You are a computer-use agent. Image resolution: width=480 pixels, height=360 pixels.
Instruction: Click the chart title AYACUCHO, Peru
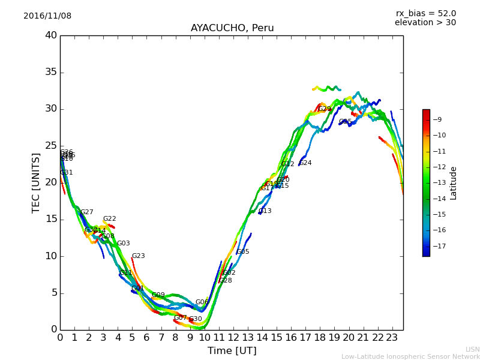tap(232, 28)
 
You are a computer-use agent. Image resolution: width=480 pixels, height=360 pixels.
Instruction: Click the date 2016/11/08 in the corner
tap(47, 16)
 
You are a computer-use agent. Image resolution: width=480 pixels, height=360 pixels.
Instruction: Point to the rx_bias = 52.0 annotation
tap(425, 14)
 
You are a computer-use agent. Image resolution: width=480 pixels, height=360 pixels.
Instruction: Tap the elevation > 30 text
tap(425, 23)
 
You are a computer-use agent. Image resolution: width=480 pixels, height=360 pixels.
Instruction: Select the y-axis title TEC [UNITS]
tap(36, 182)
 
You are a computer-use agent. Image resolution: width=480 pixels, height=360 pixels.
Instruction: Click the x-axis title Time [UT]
tap(232, 351)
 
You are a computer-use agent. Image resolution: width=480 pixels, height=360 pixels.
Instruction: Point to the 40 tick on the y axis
tap(51, 35)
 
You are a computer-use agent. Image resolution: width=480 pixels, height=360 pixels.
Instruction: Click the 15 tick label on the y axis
tap(51, 219)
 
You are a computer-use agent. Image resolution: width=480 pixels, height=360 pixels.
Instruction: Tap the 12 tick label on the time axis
tap(233, 337)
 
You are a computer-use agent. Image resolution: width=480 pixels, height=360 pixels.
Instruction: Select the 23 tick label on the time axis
tap(392, 337)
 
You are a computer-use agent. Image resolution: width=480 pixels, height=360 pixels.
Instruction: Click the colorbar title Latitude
tap(454, 182)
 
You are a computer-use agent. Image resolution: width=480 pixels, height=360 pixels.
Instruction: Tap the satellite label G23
tap(139, 256)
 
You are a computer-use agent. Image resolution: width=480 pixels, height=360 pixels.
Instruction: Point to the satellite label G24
tap(305, 163)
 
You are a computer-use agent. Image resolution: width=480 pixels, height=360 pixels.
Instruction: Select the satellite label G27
tap(87, 212)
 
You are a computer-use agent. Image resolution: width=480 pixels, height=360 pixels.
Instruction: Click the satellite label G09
tap(158, 295)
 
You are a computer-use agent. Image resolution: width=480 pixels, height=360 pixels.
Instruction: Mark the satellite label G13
tap(265, 211)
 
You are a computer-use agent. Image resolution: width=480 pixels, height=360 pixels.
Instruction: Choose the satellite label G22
tap(110, 219)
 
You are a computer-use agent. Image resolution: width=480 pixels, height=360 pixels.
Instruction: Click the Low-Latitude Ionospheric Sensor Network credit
tap(410, 357)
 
